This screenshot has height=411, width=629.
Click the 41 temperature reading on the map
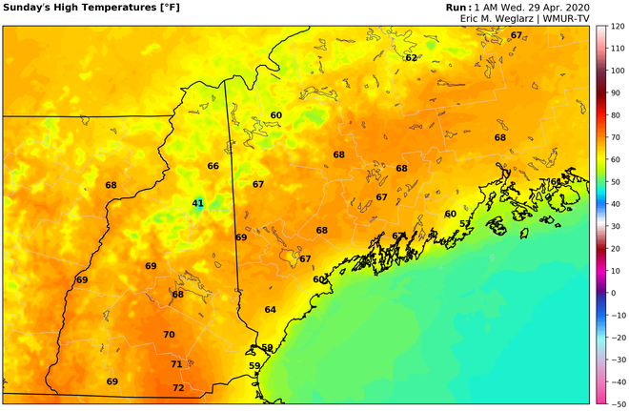198,203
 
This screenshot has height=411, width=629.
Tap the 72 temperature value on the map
178,388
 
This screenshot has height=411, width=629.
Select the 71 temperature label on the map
176,364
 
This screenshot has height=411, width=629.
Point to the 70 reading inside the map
169,335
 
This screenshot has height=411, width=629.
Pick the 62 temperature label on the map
411,57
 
